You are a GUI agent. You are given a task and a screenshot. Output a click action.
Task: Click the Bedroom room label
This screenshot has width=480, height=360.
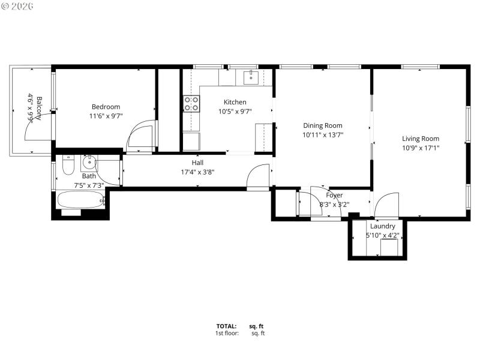coord(106,107)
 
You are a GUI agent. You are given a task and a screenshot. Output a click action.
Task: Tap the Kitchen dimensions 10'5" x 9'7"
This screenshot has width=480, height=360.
coord(235,111)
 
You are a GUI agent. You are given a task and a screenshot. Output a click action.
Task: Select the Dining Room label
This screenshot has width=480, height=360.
coord(322,125)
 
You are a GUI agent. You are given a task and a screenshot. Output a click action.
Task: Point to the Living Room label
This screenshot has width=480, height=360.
coord(420,139)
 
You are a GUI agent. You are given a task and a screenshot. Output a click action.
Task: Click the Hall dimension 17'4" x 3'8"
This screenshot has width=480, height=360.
coord(197,172)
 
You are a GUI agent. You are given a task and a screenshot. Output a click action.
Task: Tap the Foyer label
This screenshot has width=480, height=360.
coord(334,195)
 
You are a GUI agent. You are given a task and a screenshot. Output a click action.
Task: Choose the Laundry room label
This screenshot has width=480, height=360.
coord(382,226)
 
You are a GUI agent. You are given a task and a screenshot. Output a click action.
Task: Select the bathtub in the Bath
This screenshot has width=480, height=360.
coord(80,199)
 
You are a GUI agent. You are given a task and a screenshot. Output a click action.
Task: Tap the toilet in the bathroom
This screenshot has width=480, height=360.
coord(67,163)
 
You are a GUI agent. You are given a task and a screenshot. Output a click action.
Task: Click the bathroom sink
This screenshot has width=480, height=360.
coord(89,161)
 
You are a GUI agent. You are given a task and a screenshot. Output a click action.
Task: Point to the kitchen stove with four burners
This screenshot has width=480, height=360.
coord(191,104)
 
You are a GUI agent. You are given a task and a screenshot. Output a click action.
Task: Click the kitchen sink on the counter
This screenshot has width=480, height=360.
coord(251,77)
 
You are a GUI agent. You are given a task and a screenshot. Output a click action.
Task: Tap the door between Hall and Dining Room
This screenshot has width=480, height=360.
coord(259,177)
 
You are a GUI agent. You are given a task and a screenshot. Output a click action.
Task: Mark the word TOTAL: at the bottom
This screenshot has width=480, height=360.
coord(227,326)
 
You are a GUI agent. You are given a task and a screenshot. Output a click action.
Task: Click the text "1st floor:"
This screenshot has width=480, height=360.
coord(227,333)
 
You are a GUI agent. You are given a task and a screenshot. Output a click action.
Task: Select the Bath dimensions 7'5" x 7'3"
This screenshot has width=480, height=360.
coord(89,185)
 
